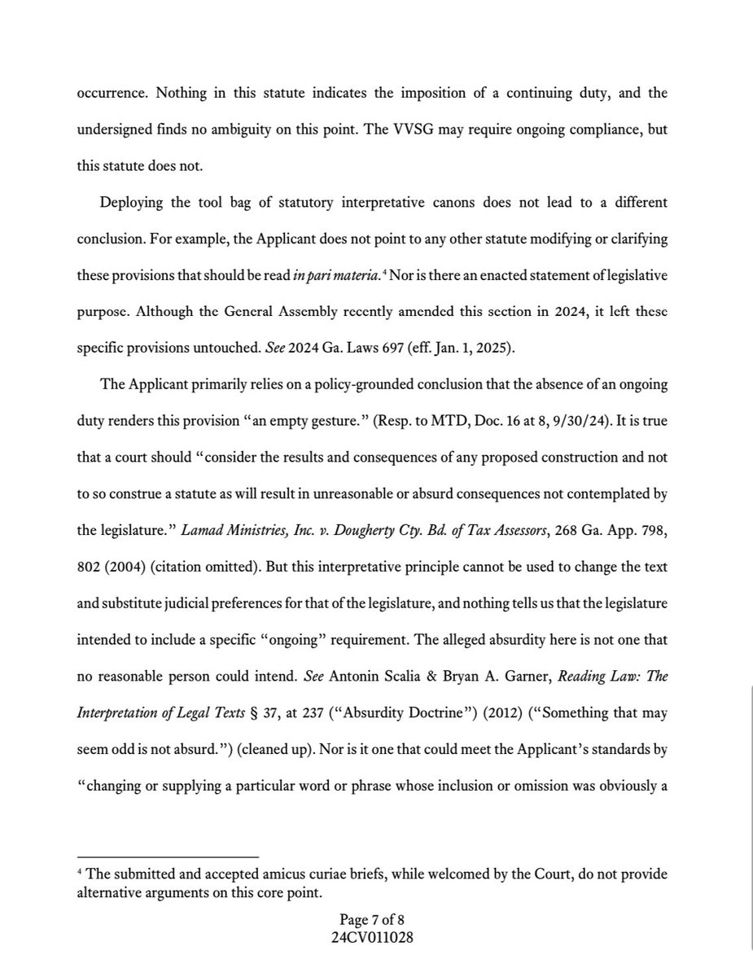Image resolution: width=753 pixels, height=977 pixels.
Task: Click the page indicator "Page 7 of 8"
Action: (x=375, y=920)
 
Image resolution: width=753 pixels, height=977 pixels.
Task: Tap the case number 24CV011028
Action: (x=375, y=936)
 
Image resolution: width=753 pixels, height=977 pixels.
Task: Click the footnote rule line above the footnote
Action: (x=167, y=857)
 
